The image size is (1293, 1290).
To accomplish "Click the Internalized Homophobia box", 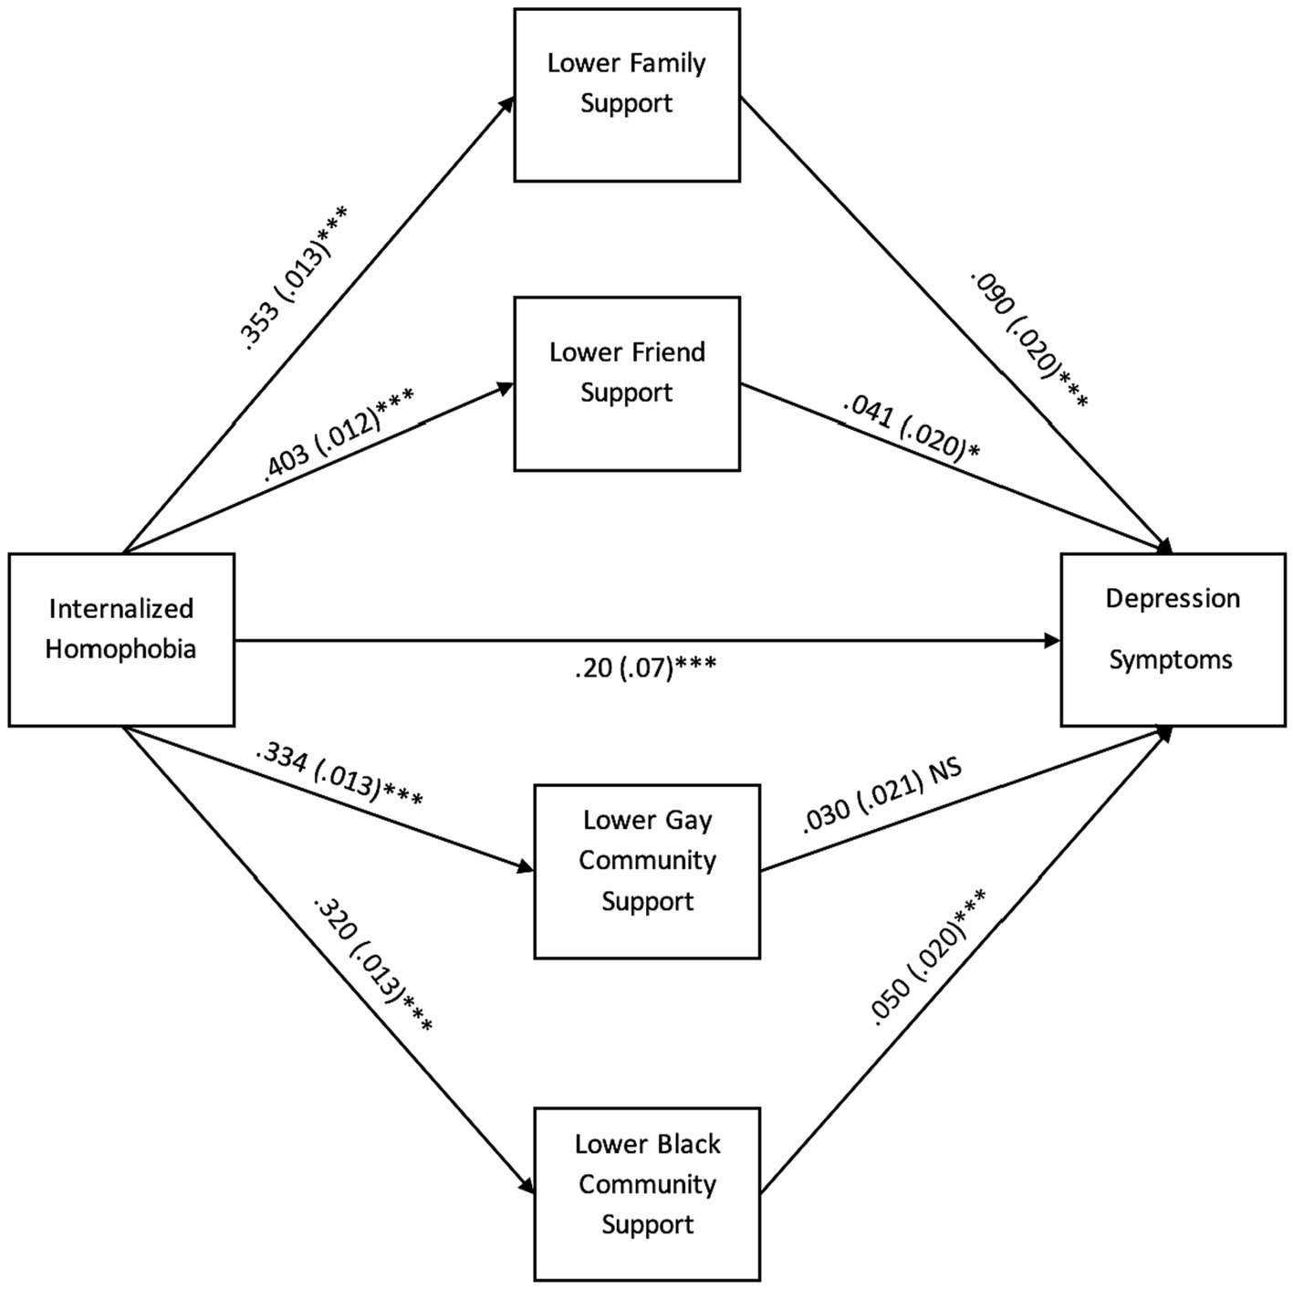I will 121,639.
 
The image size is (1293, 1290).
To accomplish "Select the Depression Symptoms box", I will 1173,639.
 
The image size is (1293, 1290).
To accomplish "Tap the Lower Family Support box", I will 626,95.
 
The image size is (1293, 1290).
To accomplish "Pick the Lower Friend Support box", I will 626,383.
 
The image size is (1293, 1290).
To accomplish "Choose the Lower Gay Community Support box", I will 647,871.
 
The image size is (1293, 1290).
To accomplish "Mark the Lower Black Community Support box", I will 647,1193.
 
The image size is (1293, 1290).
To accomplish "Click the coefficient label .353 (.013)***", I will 294,279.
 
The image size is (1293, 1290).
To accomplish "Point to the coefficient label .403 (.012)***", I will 338,435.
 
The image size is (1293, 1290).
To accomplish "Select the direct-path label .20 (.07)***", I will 645,668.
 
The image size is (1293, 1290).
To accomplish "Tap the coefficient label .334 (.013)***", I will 339,775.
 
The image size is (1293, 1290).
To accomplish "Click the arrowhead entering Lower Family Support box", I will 507,102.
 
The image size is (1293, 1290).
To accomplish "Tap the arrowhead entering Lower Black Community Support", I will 527,1187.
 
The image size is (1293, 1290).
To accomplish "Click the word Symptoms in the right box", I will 1171,659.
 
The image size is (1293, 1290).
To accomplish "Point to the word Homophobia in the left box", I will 120,649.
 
